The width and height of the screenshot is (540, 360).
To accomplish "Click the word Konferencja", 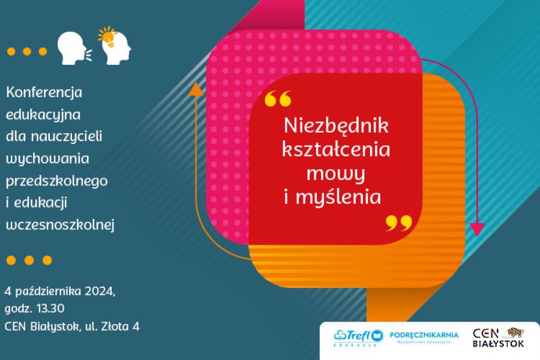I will click(x=44, y=93).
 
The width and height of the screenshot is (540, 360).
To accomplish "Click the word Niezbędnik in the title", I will click(x=336, y=127).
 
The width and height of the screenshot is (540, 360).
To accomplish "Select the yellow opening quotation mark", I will click(x=277, y=98).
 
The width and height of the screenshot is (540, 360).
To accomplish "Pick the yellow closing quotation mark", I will click(x=398, y=223).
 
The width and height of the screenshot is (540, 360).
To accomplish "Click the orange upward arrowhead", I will click(x=196, y=89).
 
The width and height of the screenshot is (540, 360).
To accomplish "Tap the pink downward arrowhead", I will click(x=477, y=229).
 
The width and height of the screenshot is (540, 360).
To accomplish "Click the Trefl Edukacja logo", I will click(x=359, y=338).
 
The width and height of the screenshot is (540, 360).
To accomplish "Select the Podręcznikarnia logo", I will click(x=424, y=337).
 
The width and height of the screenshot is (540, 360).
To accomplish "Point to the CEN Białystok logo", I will click(x=498, y=337).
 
